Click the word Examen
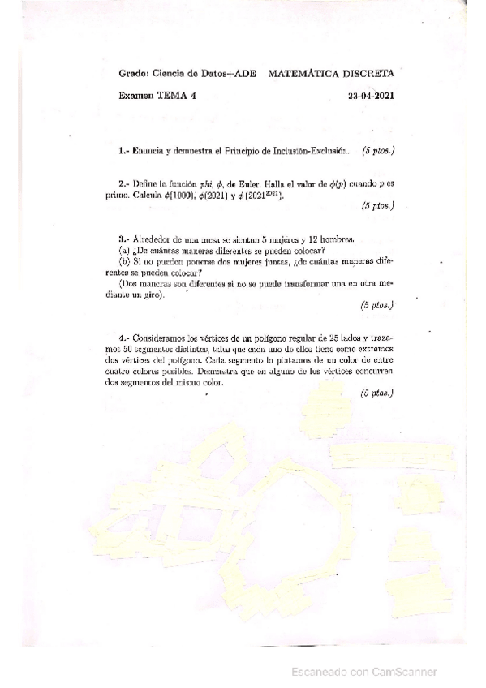point(135,96)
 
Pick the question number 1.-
point(123,151)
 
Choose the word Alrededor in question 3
point(153,239)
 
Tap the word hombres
point(337,239)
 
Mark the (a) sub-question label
point(124,251)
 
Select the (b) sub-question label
point(124,262)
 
